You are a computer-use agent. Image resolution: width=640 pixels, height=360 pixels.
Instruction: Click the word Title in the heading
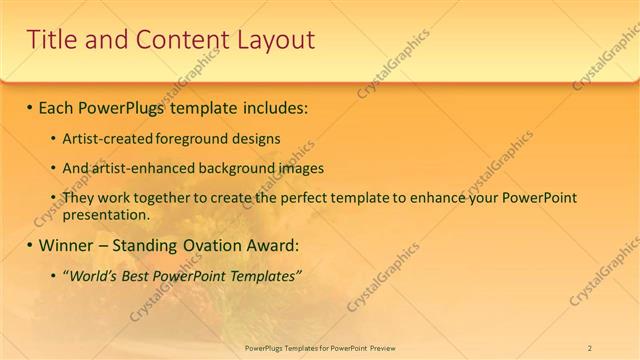click(x=52, y=40)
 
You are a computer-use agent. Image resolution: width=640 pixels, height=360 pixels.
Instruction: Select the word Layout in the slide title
click(x=274, y=40)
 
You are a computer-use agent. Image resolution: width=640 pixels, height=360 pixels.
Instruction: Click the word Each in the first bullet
click(x=56, y=106)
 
